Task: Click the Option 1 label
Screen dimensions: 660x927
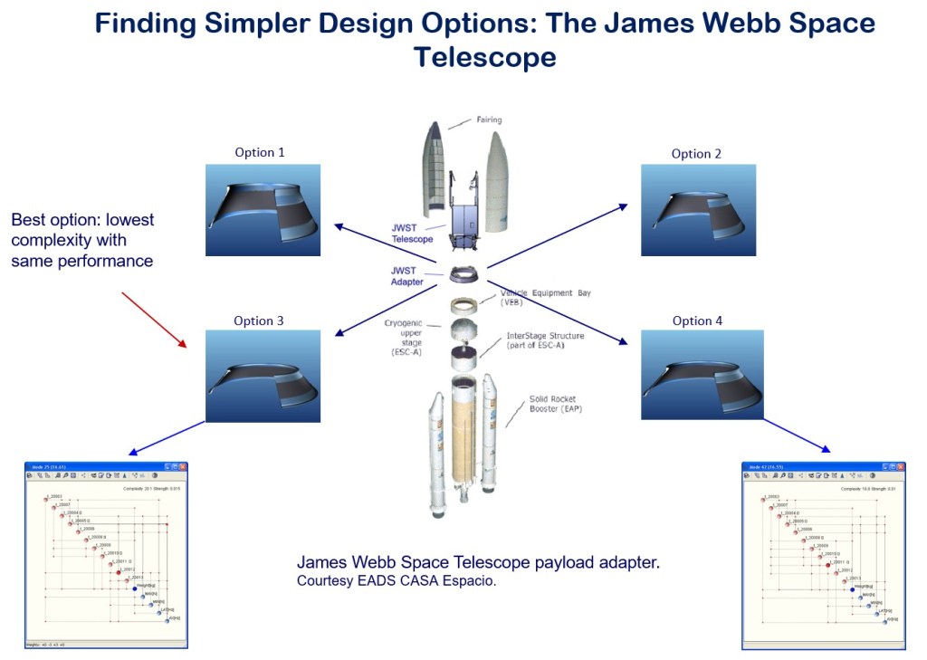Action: (x=260, y=152)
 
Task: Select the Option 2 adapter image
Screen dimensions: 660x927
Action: (x=698, y=210)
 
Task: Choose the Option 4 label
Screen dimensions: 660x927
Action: (x=698, y=320)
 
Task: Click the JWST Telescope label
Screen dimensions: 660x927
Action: (x=412, y=234)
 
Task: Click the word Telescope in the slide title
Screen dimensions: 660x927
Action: (x=484, y=57)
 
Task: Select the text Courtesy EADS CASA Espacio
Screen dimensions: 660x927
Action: (x=397, y=581)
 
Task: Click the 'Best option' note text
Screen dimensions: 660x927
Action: (x=82, y=240)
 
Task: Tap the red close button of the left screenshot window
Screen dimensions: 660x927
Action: (x=182, y=467)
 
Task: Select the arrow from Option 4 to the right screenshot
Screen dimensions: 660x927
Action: (x=797, y=435)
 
